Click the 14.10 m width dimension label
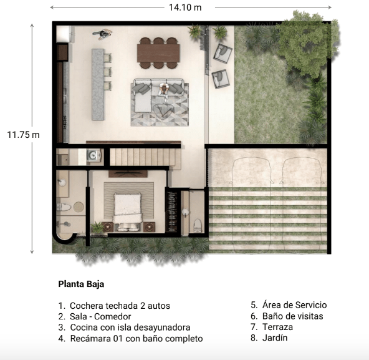(185, 7)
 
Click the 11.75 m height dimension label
(24, 135)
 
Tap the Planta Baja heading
(81, 284)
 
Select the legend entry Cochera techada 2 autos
(114, 306)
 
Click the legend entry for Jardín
(269, 338)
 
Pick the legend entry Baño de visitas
(287, 316)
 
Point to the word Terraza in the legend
(278, 327)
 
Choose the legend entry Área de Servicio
(289, 305)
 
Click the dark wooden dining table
(158, 53)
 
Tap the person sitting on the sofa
(163, 90)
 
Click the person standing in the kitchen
(102, 34)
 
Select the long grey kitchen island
(98, 84)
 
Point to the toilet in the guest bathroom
(198, 225)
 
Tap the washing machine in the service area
(93, 155)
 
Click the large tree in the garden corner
(307, 44)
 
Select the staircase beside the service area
(143, 157)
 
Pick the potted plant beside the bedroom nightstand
(97, 227)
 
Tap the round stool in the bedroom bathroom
(79, 207)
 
